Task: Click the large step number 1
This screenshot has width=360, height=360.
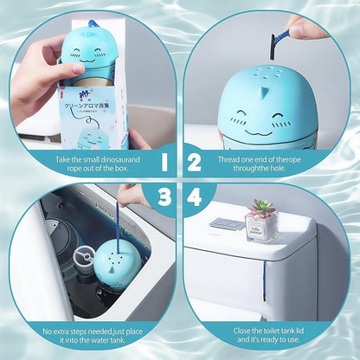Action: pyautogui.click(x=164, y=162)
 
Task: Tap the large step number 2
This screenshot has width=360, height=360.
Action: pyautogui.click(x=195, y=162)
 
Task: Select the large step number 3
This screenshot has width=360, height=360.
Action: pyautogui.click(x=164, y=198)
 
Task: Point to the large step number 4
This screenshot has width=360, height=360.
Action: pyautogui.click(x=195, y=198)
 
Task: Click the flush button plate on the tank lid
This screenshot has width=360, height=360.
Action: pyautogui.click(x=227, y=224)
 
